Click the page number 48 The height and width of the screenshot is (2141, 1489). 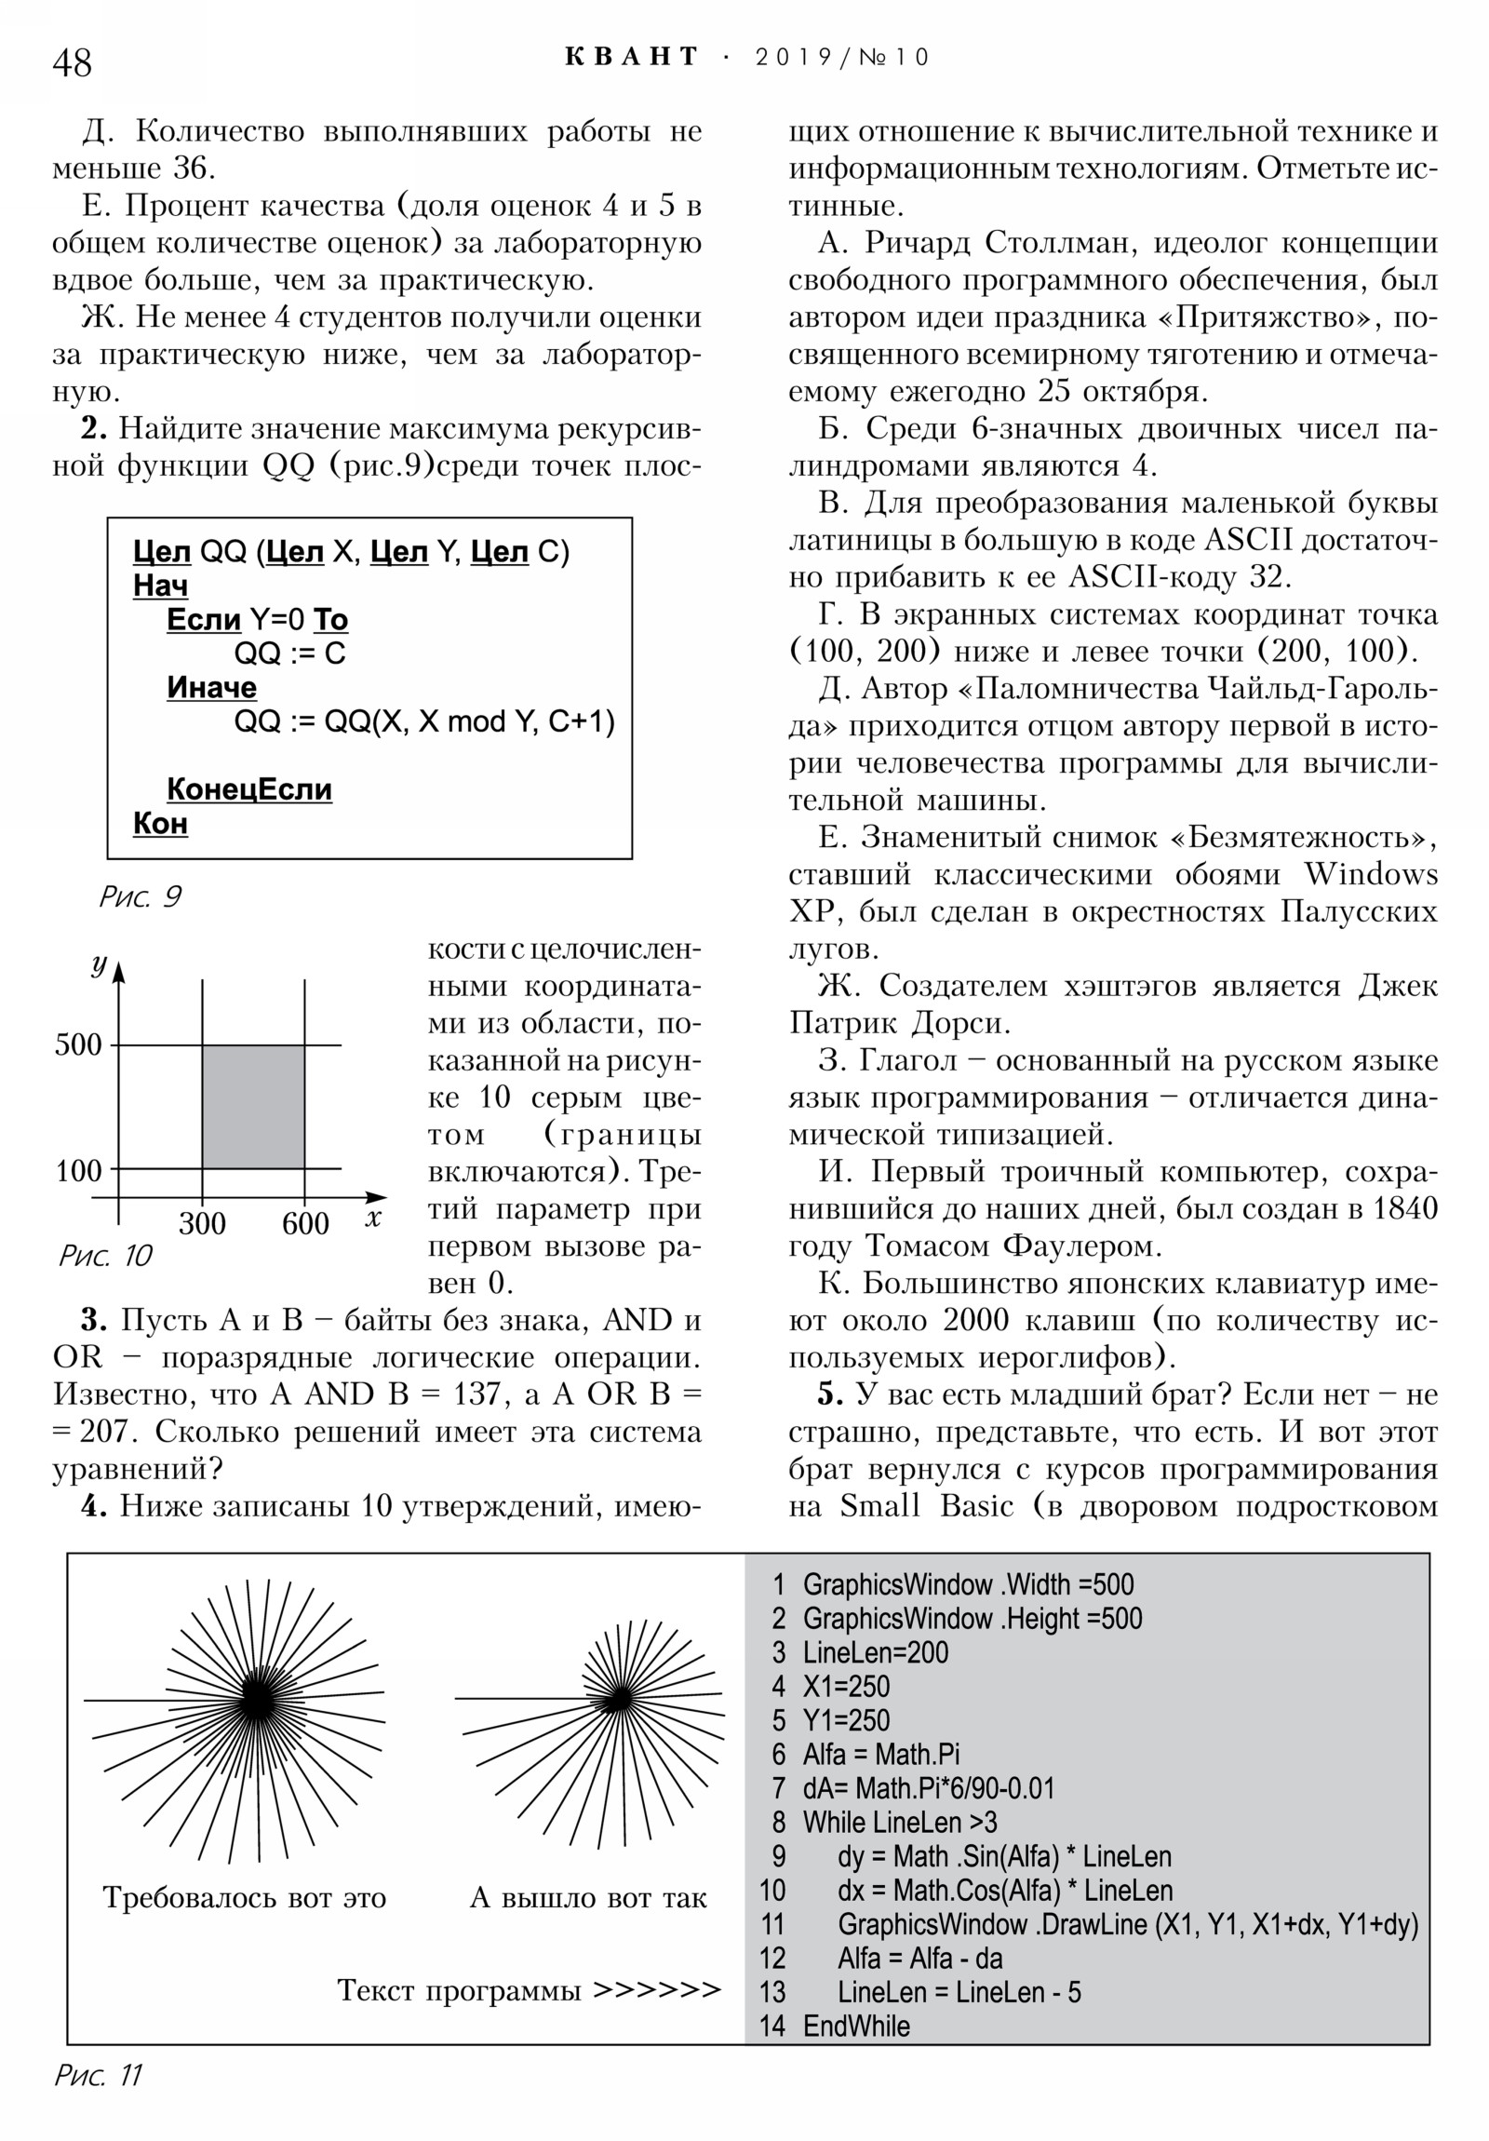click(72, 62)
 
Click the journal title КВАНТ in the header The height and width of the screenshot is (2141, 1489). click(631, 57)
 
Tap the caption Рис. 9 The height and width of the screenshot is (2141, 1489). click(140, 896)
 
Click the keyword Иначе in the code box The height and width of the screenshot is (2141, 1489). click(211, 687)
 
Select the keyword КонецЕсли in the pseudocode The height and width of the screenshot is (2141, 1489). click(249, 788)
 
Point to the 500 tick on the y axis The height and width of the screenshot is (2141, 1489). click(78, 1044)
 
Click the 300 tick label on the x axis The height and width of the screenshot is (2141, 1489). click(202, 1223)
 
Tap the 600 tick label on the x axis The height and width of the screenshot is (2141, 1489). click(305, 1223)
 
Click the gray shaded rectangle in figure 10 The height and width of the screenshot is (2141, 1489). click(253, 1106)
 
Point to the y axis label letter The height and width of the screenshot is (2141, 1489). click(99, 964)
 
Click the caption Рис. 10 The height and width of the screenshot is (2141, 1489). click(104, 1255)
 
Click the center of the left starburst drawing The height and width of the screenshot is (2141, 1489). click(256, 1700)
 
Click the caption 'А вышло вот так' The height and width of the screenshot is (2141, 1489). click(587, 1898)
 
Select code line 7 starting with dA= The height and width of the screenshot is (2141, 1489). click(928, 1788)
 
